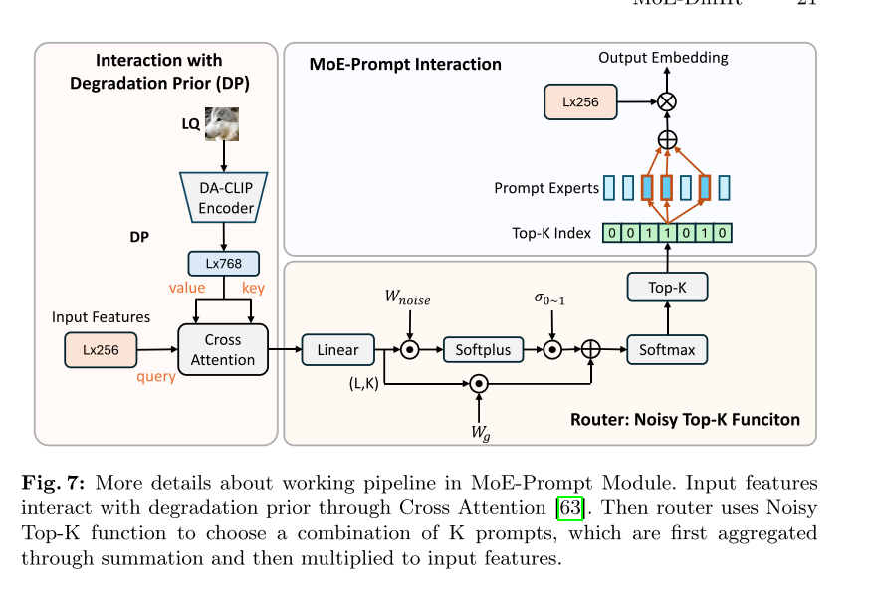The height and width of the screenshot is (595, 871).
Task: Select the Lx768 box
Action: click(x=223, y=264)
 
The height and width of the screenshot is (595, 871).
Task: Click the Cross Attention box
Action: click(x=223, y=350)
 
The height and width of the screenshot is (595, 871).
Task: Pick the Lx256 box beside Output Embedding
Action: click(x=580, y=101)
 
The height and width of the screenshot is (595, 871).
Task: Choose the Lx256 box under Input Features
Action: click(x=101, y=349)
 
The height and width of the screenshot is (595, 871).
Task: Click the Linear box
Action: click(x=337, y=350)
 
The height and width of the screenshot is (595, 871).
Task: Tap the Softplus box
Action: click(x=483, y=350)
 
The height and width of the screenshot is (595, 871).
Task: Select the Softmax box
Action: click(x=667, y=350)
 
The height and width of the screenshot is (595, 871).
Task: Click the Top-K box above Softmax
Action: click(x=667, y=289)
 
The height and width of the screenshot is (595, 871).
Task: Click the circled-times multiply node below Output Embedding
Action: click(x=667, y=101)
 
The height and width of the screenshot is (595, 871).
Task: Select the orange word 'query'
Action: click(x=157, y=376)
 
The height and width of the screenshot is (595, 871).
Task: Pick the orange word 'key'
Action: click(x=254, y=288)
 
